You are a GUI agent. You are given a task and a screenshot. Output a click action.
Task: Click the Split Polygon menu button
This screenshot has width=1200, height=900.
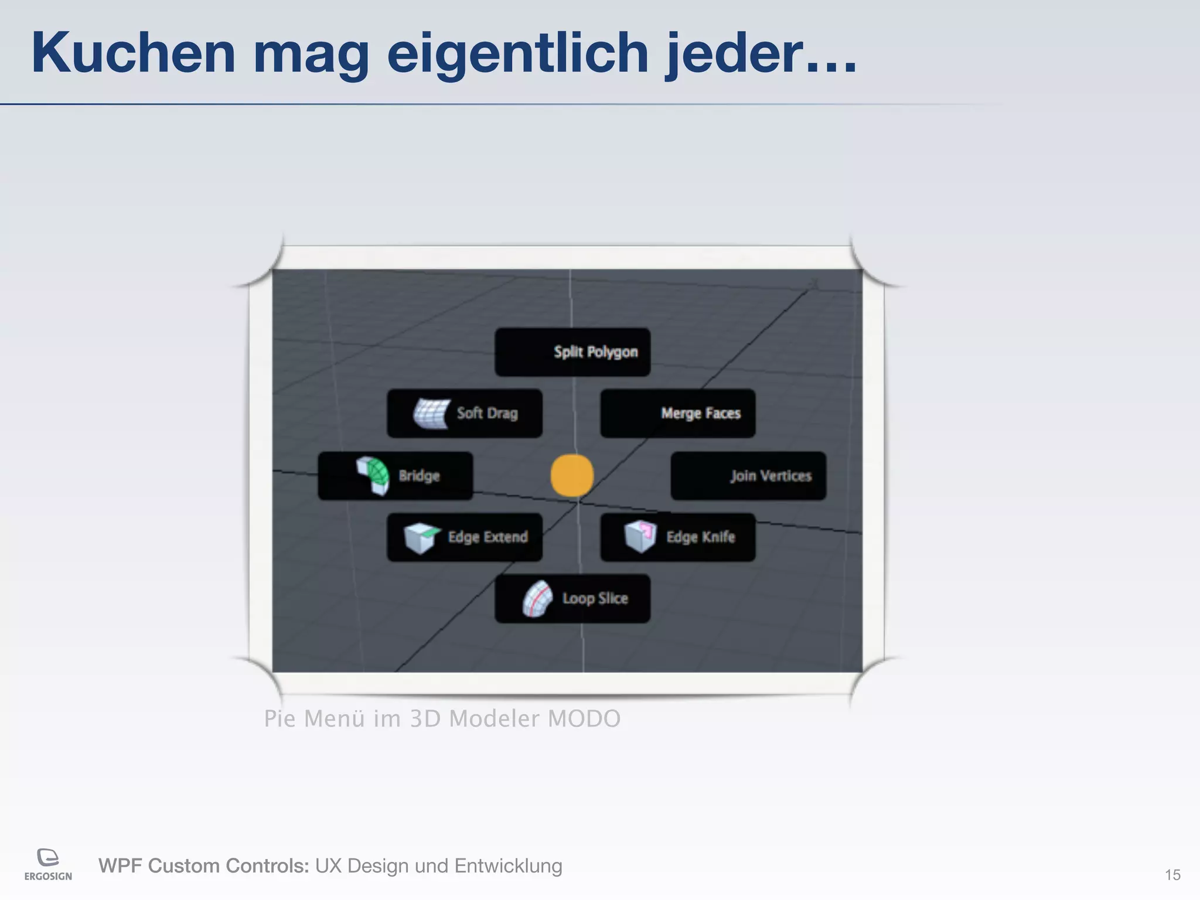(572, 352)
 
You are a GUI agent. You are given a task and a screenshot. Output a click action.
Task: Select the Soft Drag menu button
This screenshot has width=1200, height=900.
(465, 413)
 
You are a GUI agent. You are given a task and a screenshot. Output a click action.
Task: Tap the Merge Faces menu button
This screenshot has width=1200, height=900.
(678, 413)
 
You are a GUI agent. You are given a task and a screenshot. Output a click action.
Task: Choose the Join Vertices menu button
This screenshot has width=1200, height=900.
(748, 476)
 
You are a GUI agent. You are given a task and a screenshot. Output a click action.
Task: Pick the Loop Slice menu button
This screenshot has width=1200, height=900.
(572, 598)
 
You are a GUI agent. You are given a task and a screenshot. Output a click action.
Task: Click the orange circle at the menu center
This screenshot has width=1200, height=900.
(572, 475)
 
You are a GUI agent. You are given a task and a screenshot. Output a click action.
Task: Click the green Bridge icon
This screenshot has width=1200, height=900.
(373, 475)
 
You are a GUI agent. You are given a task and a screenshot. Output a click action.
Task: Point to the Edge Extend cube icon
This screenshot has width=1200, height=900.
(421, 537)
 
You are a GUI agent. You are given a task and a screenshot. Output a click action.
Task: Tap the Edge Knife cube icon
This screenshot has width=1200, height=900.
(640, 536)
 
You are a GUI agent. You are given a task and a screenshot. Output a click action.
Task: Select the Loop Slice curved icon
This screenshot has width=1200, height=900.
(537, 599)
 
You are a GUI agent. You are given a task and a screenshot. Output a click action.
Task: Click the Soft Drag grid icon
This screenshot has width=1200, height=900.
(432, 413)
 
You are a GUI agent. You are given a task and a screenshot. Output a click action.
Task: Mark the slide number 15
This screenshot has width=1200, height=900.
(1172, 875)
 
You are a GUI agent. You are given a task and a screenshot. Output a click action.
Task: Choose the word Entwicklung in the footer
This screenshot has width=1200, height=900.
(508, 866)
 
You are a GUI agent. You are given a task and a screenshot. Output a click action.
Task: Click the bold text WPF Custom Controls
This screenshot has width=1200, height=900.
(203, 866)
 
